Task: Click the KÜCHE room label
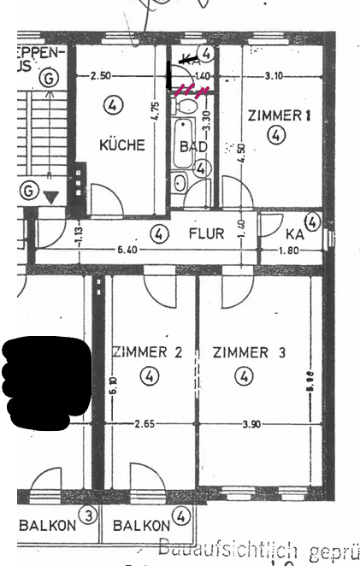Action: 122,145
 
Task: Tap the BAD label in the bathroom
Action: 194,146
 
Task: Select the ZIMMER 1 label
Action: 274,115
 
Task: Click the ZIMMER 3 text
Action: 250,351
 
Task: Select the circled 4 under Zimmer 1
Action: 274,135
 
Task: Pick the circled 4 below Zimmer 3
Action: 246,375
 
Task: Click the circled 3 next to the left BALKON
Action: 87,515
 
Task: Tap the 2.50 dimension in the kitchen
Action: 101,76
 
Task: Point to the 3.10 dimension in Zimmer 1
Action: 274,76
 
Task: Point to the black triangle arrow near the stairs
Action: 51,197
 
